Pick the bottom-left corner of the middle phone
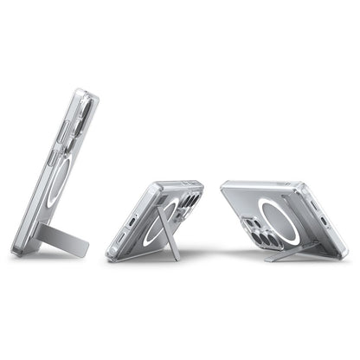coord(111,255)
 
